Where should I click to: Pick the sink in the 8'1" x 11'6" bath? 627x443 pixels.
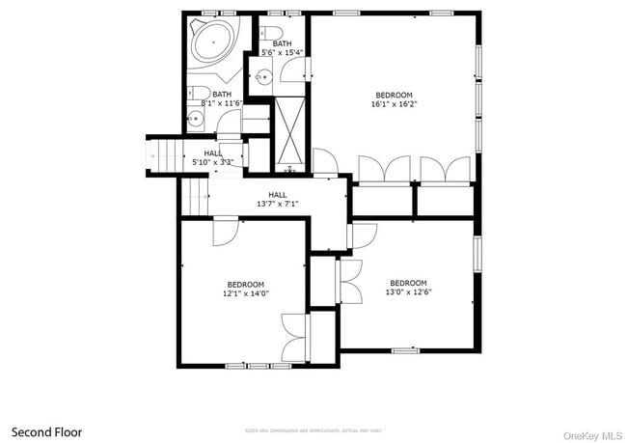click(x=195, y=120)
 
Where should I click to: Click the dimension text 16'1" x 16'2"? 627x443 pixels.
click(x=394, y=103)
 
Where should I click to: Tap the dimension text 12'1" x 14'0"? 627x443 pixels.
click(x=246, y=293)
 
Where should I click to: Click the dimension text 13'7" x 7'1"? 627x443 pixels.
click(x=277, y=204)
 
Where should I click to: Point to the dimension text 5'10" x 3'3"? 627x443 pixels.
click(x=214, y=161)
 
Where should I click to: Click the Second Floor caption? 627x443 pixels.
click(x=46, y=431)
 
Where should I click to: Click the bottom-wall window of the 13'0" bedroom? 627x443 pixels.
click(x=405, y=349)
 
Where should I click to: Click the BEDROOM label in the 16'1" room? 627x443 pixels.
click(x=394, y=94)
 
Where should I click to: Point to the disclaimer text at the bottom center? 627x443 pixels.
click(x=314, y=431)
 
